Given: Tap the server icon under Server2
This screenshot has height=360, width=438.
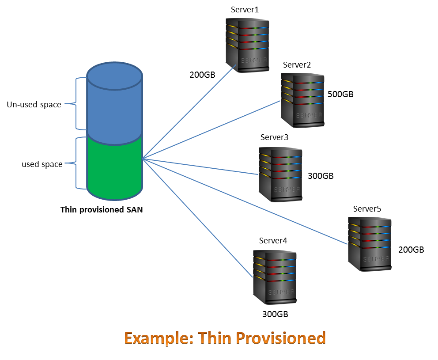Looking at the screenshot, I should tap(303, 101).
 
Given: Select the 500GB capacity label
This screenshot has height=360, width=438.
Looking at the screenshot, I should tap(340, 94).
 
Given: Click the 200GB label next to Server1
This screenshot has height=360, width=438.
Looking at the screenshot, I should tap(202, 75).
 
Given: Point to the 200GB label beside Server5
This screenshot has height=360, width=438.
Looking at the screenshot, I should tap(411, 250).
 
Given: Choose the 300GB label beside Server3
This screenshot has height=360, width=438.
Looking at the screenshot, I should tap(321, 176).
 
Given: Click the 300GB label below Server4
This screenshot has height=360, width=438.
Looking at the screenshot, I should tap(275, 314).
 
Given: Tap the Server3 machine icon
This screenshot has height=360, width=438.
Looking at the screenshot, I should tap(280, 175).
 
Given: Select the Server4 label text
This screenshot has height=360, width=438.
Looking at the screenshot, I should tap(273, 241).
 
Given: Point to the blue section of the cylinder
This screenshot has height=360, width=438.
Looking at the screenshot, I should tap(114, 106).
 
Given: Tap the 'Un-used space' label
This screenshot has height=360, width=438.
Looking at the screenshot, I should tap(34, 105).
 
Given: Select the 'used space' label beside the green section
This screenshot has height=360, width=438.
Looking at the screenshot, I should tap(42, 164).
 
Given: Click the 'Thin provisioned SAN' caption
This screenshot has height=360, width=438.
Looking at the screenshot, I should tap(101, 210).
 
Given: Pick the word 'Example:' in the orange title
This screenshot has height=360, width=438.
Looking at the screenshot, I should tap(159, 338).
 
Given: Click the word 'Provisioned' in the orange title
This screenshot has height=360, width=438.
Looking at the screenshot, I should tap(280, 338).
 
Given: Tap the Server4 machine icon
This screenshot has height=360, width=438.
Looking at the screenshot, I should tap(275, 277).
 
